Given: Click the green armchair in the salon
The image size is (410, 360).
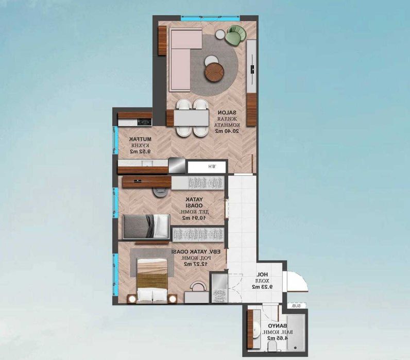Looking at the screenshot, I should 236,35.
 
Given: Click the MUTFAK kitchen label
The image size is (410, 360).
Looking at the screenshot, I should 138,140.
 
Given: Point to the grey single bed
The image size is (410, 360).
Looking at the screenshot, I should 146,226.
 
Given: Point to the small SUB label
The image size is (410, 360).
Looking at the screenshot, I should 296,306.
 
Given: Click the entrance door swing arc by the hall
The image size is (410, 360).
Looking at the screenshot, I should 296,282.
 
